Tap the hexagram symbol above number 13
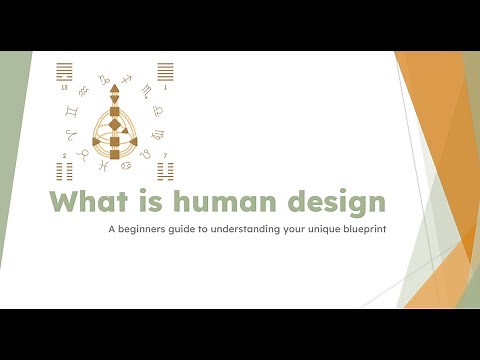(x=65, y=72)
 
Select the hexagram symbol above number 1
(x=165, y=72)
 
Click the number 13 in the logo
(x=65, y=87)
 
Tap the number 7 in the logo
(x=165, y=155)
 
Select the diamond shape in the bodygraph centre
(x=115, y=125)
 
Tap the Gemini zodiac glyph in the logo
(x=71, y=111)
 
